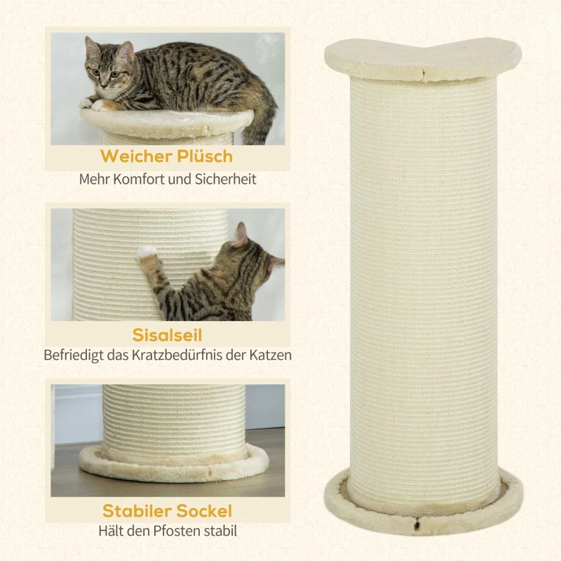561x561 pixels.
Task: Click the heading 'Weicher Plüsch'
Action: click(x=166, y=155)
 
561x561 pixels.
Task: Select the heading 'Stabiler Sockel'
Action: click(x=167, y=510)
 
